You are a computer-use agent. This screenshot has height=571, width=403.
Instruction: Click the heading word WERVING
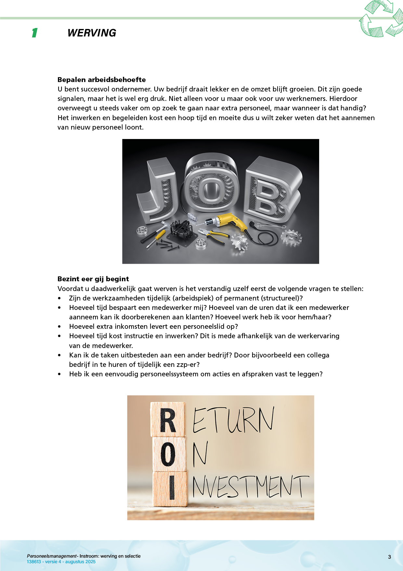(92, 33)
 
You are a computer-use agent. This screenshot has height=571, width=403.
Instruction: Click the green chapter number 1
(35, 33)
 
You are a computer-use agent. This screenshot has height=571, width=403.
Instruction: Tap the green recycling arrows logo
(381, 19)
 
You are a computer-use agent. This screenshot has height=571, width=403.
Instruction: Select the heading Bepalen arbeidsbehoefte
(101, 80)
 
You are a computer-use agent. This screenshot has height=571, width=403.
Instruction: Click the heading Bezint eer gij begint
(93, 279)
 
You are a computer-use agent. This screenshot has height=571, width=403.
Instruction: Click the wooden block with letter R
(168, 420)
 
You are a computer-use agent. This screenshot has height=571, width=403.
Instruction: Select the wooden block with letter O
(169, 454)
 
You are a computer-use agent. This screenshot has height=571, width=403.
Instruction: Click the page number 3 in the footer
(389, 557)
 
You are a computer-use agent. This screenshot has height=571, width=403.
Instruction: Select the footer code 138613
(34, 562)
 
